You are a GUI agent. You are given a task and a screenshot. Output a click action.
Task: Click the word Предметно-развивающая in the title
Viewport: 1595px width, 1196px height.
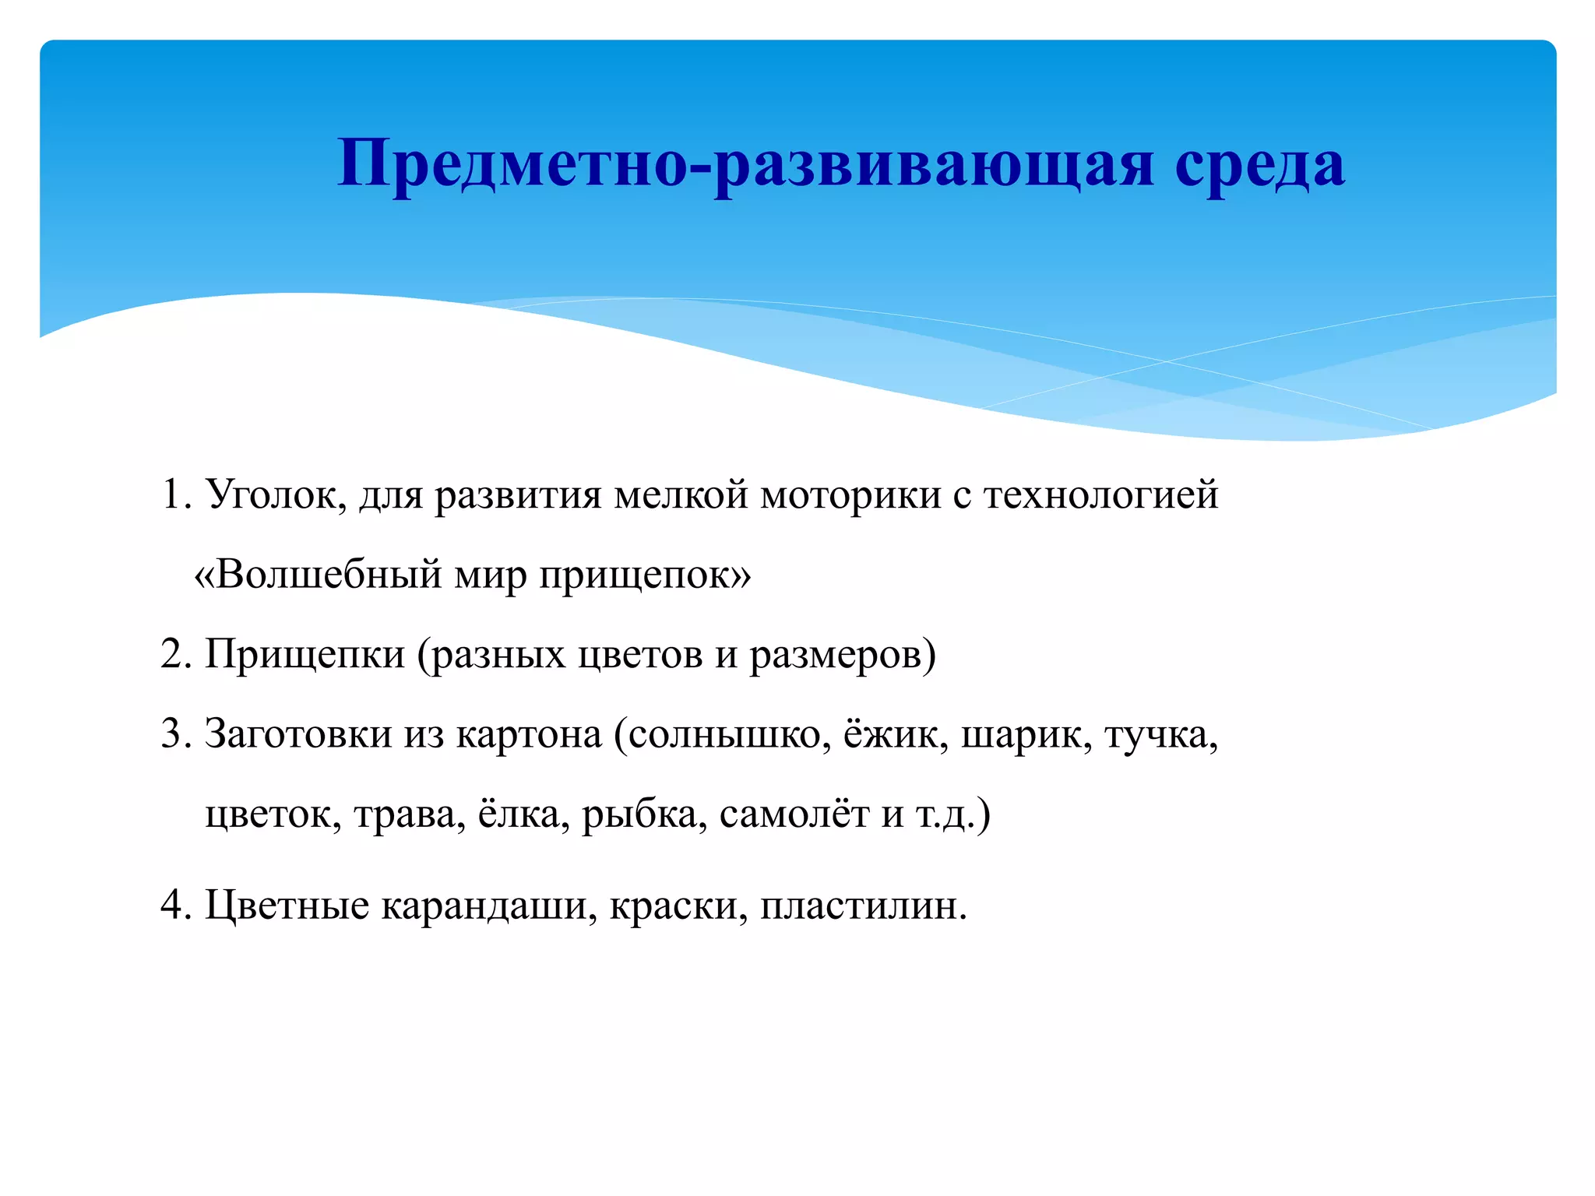click(744, 165)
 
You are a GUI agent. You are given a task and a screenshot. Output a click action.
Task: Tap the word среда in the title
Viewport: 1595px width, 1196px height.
click(1259, 165)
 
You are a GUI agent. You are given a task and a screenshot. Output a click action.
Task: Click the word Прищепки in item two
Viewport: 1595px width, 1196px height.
click(305, 656)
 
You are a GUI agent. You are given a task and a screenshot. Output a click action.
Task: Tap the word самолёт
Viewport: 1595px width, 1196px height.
click(794, 815)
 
